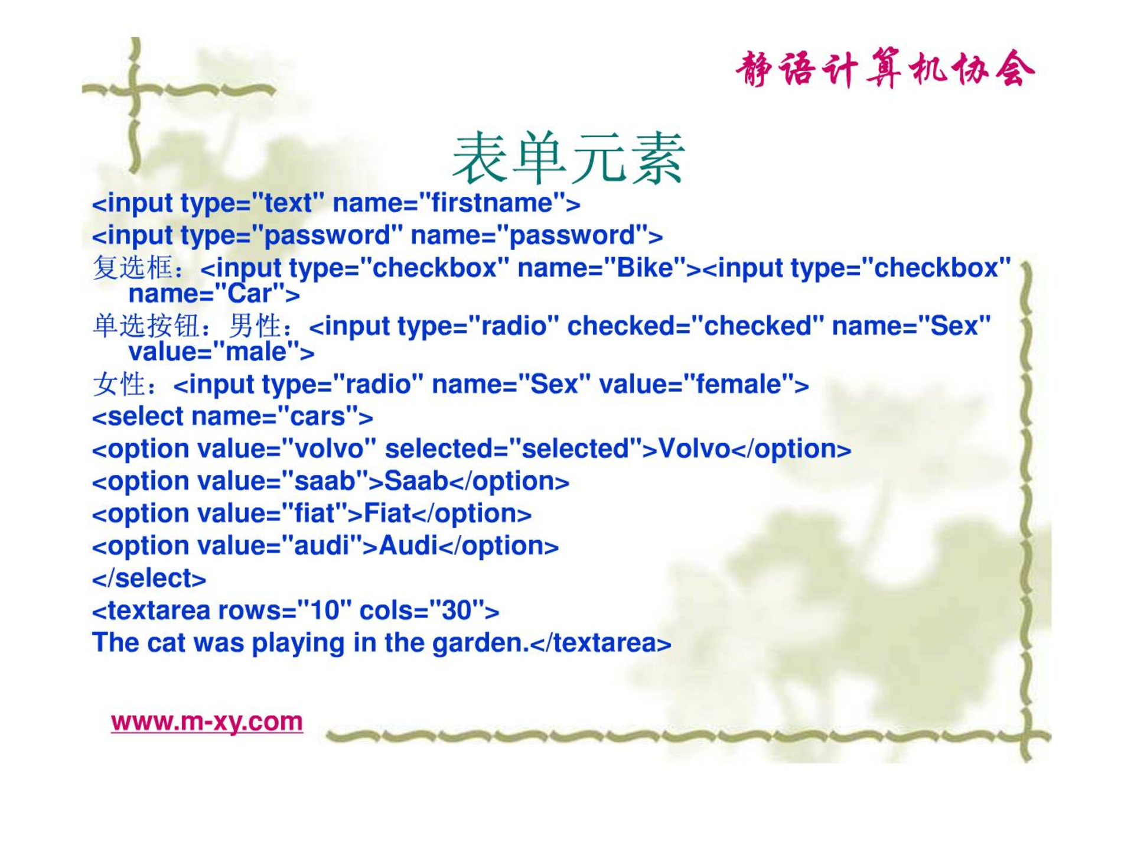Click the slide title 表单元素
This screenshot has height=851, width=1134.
point(568,158)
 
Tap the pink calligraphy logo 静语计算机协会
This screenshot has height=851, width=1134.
point(885,69)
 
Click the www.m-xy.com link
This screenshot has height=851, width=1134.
point(207,722)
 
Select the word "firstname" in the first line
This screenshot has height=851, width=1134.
point(492,203)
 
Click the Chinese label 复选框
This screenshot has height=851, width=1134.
point(133,267)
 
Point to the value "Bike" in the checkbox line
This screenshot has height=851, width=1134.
point(645,268)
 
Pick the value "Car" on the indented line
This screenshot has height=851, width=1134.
point(250,293)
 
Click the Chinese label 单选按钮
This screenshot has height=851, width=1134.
point(146,325)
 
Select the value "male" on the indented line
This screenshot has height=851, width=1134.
point(256,352)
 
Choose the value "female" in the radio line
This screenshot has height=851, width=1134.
point(739,384)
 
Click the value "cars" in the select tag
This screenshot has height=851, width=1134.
point(317,417)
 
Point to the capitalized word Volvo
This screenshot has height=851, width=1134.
point(694,449)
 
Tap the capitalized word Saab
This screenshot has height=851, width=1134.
point(416,481)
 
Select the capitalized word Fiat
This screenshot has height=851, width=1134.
point(387,513)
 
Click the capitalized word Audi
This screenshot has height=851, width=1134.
point(409,545)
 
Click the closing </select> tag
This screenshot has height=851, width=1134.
point(149,578)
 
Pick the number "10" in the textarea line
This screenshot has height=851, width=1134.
point(324,610)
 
